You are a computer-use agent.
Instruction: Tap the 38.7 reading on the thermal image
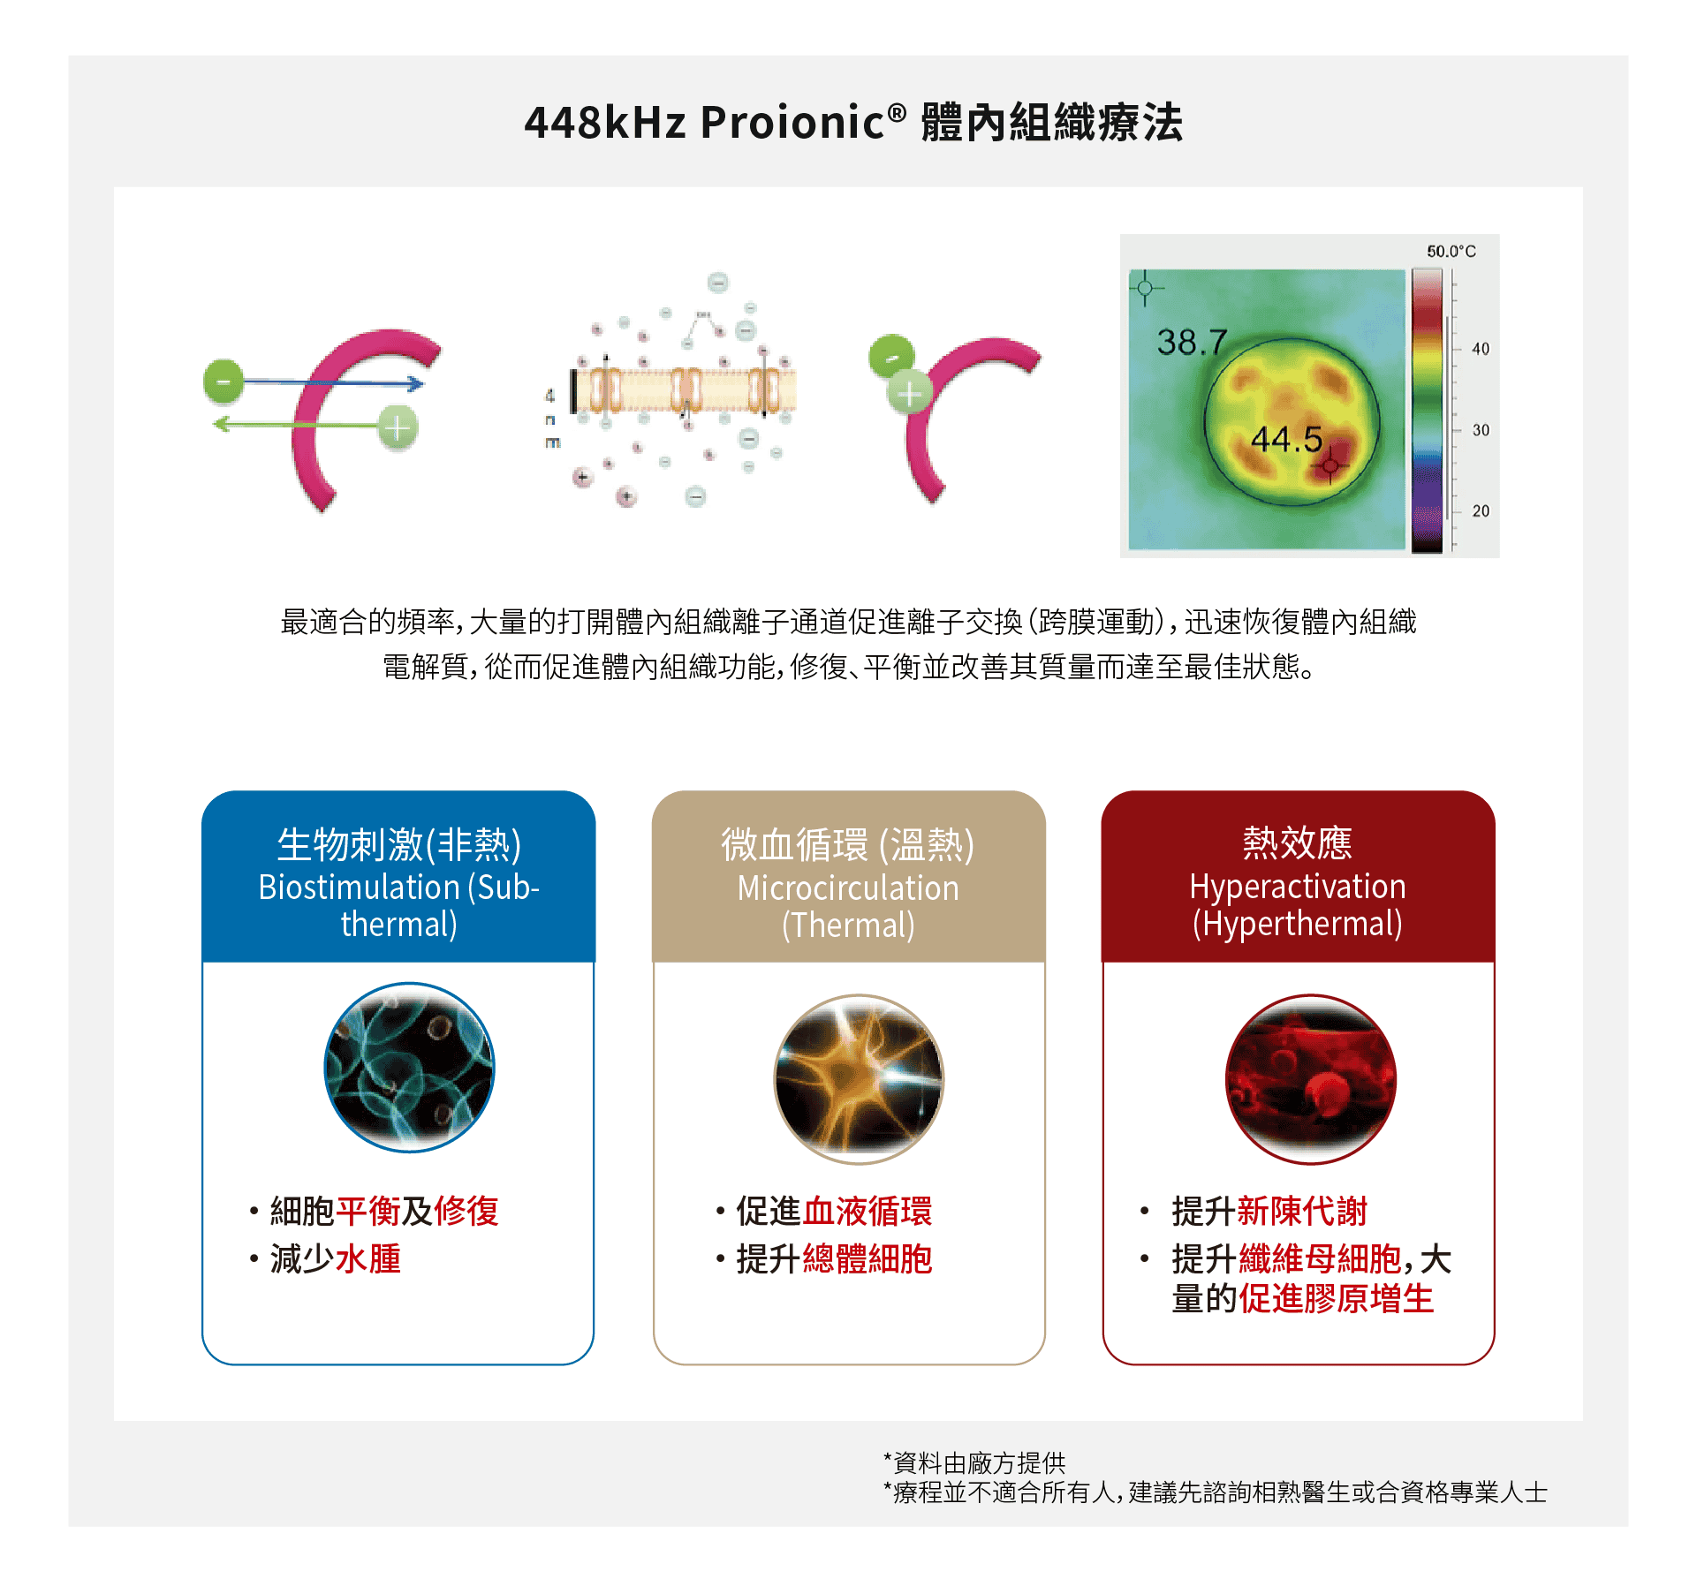(x=1192, y=342)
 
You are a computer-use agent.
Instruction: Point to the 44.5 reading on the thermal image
(x=1286, y=439)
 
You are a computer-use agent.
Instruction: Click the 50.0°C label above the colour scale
(x=1451, y=252)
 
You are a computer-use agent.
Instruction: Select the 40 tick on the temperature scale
(x=1480, y=349)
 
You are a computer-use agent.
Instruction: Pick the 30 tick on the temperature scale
(x=1480, y=430)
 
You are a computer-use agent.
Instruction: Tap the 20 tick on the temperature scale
(x=1480, y=510)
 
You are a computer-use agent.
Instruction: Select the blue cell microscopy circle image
(x=409, y=1067)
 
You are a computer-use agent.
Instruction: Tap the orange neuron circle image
(x=859, y=1079)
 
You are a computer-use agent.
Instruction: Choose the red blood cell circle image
(x=1311, y=1079)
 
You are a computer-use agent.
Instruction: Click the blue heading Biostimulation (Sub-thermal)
(x=398, y=904)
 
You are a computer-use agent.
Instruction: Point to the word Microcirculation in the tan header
(x=848, y=888)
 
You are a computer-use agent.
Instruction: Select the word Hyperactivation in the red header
(x=1297, y=886)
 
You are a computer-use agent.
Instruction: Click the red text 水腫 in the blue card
(x=367, y=1258)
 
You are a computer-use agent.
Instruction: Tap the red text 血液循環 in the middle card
(x=867, y=1211)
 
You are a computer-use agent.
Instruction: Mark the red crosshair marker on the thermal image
(x=1330, y=465)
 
